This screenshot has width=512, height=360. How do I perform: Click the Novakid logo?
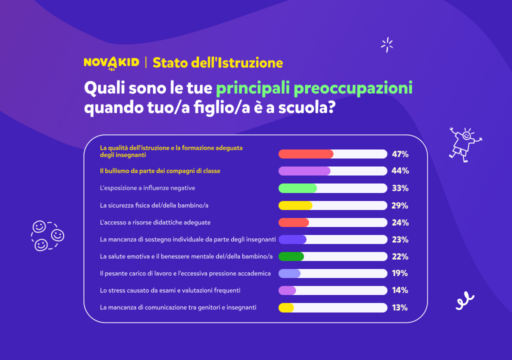111,62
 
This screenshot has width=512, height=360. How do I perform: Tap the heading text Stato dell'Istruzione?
217,62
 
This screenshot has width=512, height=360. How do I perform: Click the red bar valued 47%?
306,154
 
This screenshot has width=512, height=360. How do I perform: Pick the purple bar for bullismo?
304,171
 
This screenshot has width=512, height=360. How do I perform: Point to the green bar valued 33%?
297,188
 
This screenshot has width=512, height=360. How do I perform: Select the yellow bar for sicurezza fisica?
295,205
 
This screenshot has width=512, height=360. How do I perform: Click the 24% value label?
400,222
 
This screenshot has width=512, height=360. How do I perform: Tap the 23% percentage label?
400,239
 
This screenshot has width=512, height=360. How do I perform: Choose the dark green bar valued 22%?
291,256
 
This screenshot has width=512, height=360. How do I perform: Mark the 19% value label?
400,273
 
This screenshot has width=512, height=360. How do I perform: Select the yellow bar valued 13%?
286,307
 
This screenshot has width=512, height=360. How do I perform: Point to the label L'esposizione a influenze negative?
147,188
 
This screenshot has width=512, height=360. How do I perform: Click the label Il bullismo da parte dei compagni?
160,171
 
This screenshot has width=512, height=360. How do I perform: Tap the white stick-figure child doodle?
464,143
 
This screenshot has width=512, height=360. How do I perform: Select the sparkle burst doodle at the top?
387,45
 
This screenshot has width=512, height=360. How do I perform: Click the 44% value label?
400,171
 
